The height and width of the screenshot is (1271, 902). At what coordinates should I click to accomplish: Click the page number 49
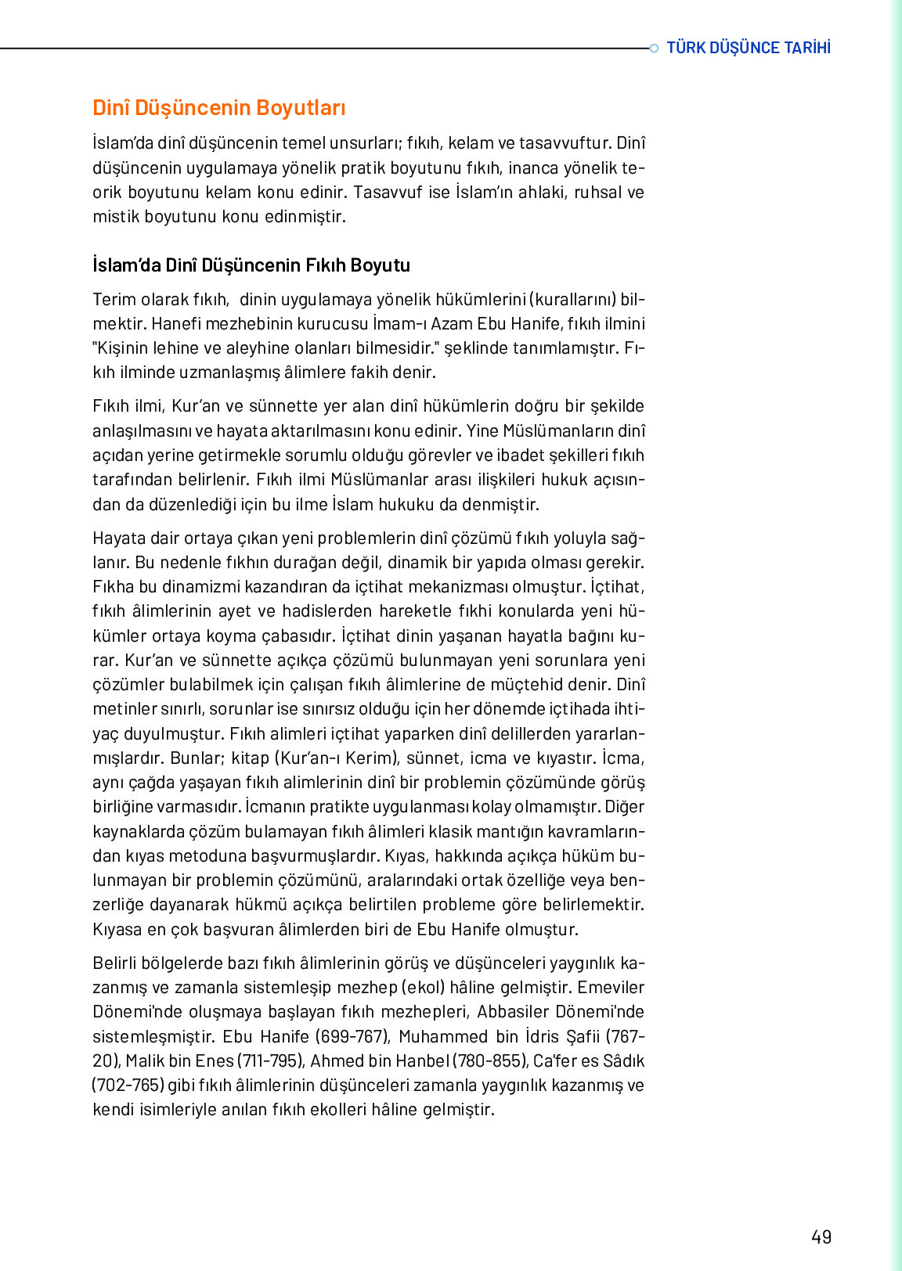(821, 1237)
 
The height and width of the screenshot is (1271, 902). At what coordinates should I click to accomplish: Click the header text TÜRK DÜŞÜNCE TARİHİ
(748, 48)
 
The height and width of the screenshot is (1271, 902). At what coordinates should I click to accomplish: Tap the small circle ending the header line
(654, 49)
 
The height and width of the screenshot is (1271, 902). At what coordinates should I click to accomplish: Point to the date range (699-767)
(353, 1036)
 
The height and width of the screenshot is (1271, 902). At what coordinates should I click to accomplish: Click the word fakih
(369, 373)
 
